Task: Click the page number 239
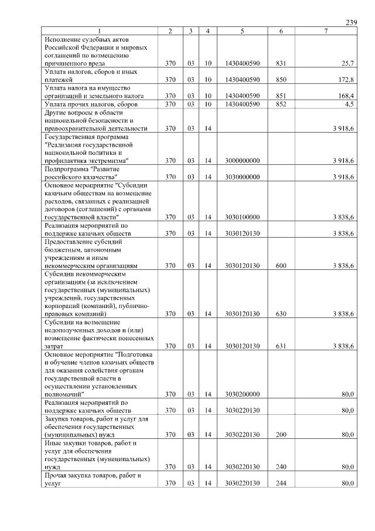coord(351,22)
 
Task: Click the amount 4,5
coord(349,104)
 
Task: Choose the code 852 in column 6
coord(281,104)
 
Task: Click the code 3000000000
coord(242,160)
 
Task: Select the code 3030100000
coord(242,217)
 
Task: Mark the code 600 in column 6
coord(281,266)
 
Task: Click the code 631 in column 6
coord(281,347)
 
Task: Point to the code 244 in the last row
coord(281,483)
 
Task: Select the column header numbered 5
coord(242,31)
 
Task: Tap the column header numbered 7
coord(326,31)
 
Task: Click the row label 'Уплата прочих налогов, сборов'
coord(90,104)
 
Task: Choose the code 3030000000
coord(242,177)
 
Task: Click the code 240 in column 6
coord(281,467)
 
